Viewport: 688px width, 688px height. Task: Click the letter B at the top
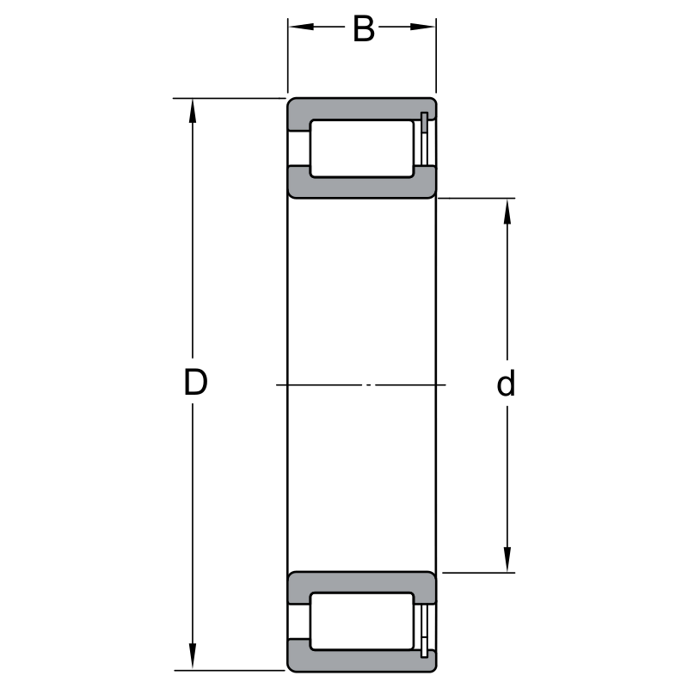(x=364, y=29)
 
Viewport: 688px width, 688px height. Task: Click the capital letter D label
(x=195, y=382)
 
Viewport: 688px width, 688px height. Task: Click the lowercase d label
(x=506, y=383)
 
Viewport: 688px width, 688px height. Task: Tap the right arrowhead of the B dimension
(x=422, y=27)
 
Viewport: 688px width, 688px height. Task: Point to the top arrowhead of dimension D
(x=192, y=111)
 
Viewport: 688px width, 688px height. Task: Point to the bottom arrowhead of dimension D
(x=192, y=657)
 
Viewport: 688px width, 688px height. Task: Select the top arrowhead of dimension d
(x=507, y=211)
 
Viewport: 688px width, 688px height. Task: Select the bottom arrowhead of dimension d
(x=507, y=560)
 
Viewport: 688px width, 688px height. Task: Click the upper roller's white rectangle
(x=361, y=149)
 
